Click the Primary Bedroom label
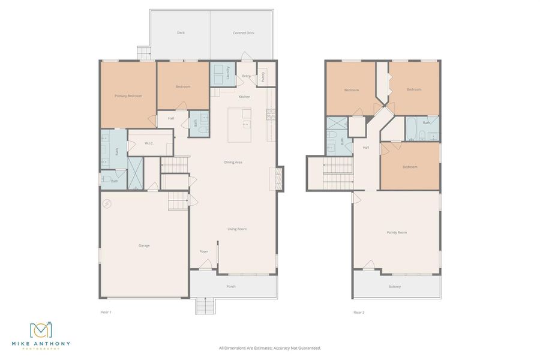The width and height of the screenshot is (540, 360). (128, 95)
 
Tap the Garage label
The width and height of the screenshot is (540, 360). (144, 245)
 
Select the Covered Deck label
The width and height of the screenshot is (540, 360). (244, 33)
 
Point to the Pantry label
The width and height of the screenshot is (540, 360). (263, 77)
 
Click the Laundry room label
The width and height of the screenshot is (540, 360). (228, 73)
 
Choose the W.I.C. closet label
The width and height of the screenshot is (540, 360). (149, 143)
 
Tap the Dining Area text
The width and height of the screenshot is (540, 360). (233, 162)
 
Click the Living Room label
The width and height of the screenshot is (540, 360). (236, 229)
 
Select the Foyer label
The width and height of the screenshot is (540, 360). (204, 251)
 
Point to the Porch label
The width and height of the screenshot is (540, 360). (231, 286)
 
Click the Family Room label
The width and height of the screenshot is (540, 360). (397, 232)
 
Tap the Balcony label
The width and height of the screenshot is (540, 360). (394, 286)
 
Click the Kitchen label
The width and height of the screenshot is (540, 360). (244, 97)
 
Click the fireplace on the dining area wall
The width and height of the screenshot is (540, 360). (279, 178)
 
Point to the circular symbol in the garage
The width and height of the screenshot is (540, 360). (107, 204)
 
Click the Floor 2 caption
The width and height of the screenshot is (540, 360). (359, 312)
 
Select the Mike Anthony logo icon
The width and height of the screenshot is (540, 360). (41, 331)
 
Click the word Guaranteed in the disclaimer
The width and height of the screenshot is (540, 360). (308, 348)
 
